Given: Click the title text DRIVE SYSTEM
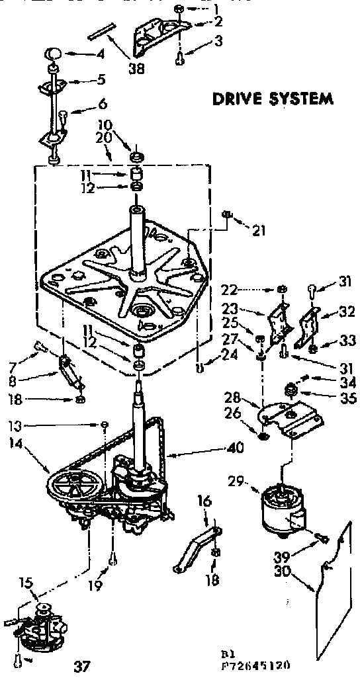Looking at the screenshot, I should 271,99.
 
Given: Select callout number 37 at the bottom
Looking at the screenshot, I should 81,665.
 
